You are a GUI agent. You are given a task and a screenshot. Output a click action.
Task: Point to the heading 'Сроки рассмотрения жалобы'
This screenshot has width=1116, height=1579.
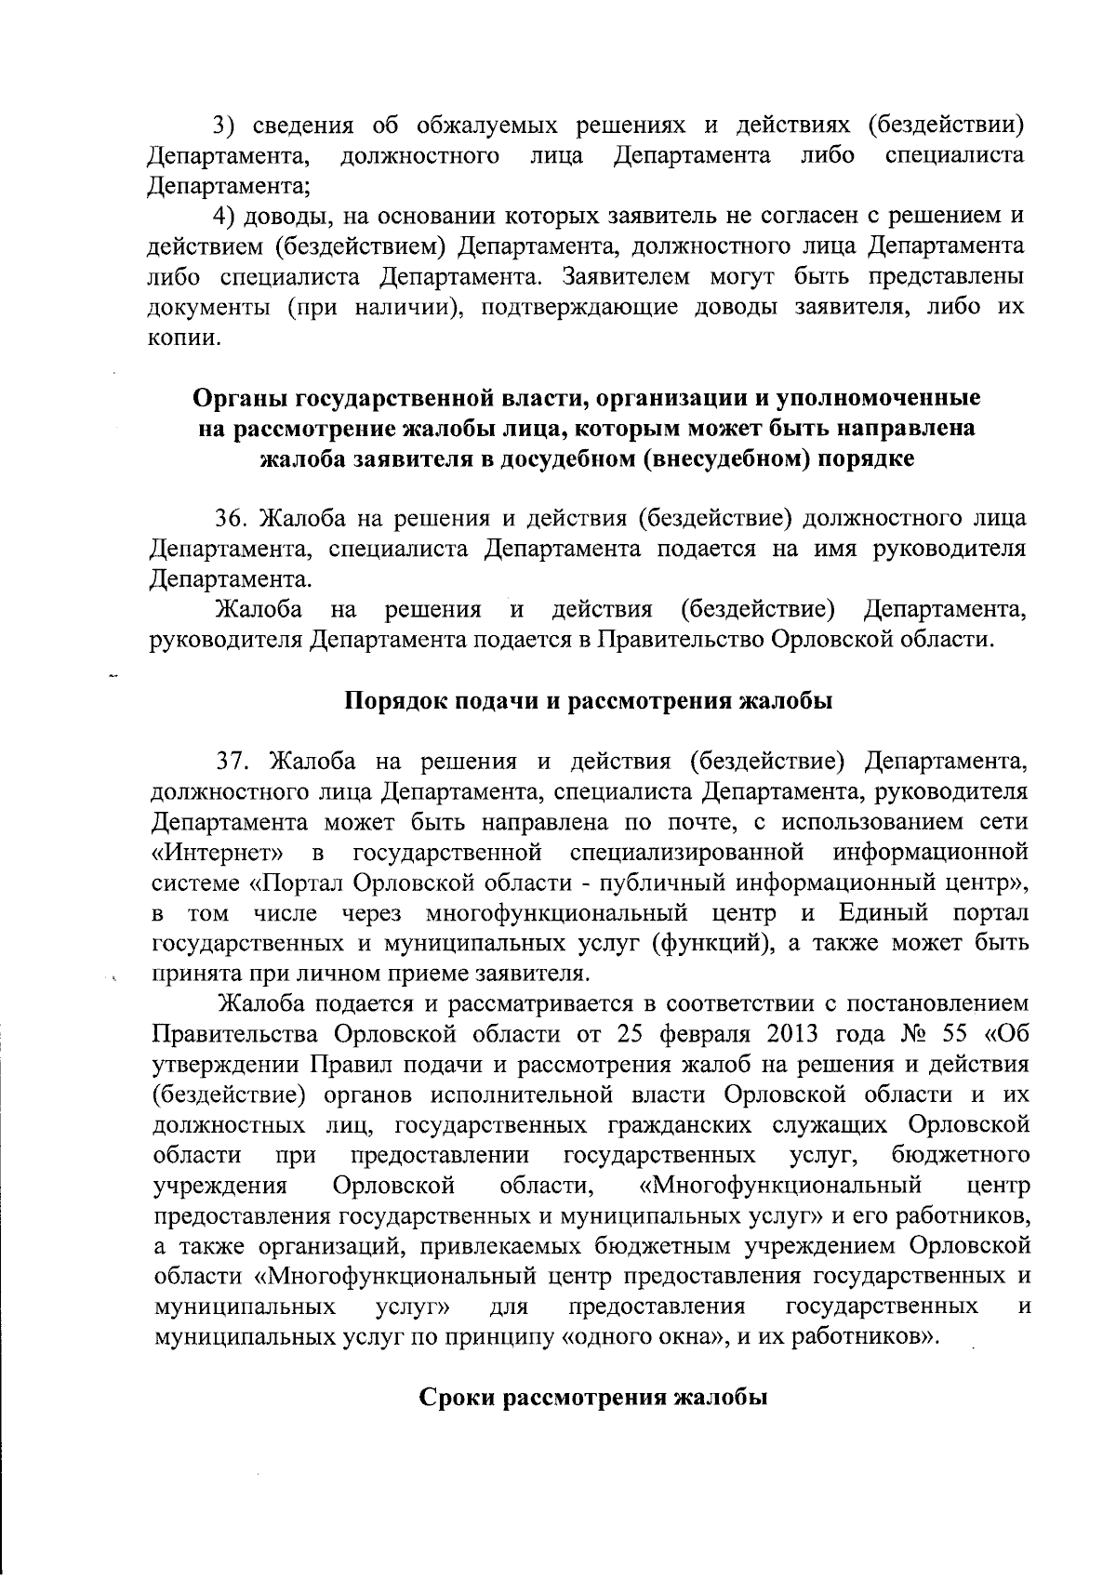(592, 1398)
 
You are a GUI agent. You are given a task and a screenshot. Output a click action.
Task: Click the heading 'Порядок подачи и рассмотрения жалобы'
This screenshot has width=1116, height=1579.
(589, 701)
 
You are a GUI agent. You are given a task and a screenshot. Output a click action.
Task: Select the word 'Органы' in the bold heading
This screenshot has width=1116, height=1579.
(240, 398)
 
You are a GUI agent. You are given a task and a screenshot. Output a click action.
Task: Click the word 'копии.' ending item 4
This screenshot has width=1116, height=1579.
(186, 338)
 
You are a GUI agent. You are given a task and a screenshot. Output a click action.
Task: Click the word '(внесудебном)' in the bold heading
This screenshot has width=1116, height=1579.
(724, 459)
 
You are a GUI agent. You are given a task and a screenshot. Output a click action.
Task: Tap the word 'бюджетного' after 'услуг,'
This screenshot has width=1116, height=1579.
(960, 1156)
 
